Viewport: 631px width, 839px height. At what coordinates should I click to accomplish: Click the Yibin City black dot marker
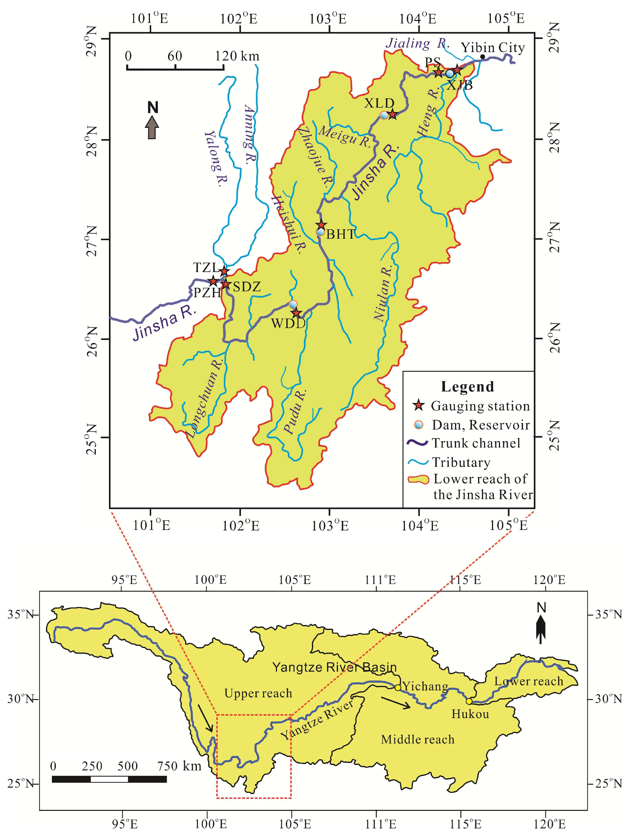click(482, 57)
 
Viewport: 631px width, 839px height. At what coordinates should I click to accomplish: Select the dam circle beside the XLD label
click(384, 115)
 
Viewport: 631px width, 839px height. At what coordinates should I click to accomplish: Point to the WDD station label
click(288, 324)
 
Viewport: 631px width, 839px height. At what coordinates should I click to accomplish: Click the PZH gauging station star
click(213, 281)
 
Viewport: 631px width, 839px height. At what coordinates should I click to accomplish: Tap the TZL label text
click(205, 267)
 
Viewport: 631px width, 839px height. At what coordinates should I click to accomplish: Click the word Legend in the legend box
click(467, 387)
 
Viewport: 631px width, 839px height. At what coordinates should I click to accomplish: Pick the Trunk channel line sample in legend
click(417, 443)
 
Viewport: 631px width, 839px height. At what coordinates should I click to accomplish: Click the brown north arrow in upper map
click(152, 127)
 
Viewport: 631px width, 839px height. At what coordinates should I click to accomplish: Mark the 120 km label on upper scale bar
click(237, 56)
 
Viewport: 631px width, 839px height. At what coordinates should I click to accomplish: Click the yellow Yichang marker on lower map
click(398, 687)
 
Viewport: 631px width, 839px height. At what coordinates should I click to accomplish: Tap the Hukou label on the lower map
click(470, 714)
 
